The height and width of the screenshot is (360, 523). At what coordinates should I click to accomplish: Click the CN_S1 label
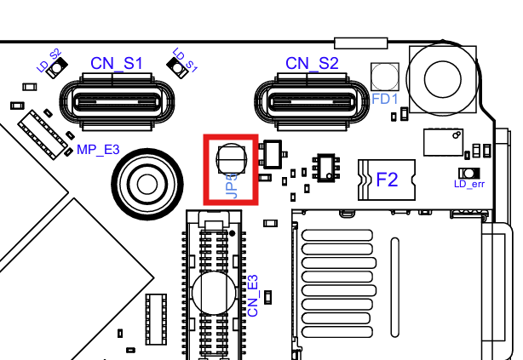point(117,63)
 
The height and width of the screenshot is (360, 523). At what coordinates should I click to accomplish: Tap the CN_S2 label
point(312,63)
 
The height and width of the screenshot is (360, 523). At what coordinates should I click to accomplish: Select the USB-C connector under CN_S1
point(117,101)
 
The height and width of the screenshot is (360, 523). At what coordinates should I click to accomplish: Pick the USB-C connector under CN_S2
point(312,101)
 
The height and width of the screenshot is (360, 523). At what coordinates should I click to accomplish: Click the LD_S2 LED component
point(57,68)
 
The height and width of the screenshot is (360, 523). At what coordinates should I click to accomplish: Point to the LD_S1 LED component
point(177,68)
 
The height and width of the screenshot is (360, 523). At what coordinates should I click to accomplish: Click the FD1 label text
point(384,99)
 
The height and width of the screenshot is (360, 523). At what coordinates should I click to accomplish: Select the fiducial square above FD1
point(384,77)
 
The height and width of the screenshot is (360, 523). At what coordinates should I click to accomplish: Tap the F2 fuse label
point(387,180)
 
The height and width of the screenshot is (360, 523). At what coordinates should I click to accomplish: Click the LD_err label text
point(469,184)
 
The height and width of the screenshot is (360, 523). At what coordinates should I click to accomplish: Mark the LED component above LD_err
point(469,174)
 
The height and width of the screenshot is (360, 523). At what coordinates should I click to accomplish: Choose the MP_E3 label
point(98,150)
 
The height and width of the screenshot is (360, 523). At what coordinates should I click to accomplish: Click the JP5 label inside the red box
point(232,186)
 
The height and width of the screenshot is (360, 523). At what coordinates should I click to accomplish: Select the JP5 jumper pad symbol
point(232,159)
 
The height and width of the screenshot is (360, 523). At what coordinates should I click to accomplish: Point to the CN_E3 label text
point(253,295)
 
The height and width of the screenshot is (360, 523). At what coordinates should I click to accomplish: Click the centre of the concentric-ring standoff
point(147,184)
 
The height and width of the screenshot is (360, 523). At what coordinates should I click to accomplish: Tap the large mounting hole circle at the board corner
point(443,79)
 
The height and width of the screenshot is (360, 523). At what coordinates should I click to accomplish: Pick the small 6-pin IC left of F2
point(326,168)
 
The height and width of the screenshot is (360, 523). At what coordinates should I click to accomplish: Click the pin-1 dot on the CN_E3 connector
point(233,233)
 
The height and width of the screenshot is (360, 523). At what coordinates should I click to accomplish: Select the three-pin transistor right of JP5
point(273,154)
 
